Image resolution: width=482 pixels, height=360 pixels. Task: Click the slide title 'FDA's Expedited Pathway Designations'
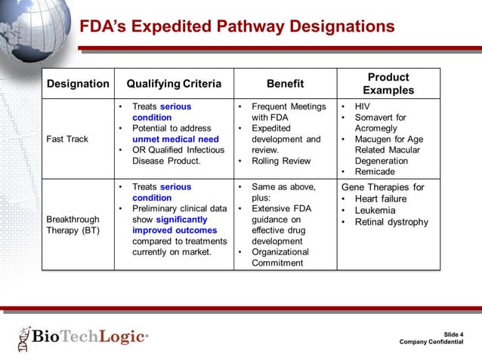pyautogui.click(x=237, y=27)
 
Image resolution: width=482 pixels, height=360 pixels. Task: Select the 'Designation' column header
pyautogui.click(x=78, y=84)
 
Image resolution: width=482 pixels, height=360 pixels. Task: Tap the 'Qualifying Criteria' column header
pyautogui.click(x=174, y=84)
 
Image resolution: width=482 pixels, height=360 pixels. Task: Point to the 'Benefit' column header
pyautogui.click(x=285, y=84)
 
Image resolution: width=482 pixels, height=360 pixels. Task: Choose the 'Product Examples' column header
pyautogui.click(x=388, y=84)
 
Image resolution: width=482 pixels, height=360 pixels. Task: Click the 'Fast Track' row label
pyautogui.click(x=67, y=139)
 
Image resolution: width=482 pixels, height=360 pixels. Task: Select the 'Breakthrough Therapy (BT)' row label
pyautogui.click(x=73, y=224)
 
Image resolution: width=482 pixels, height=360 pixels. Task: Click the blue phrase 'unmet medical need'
pyautogui.click(x=175, y=139)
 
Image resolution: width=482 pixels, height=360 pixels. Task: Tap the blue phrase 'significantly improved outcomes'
pyautogui.click(x=175, y=224)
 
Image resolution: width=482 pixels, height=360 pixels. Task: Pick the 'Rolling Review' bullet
pyautogui.click(x=282, y=161)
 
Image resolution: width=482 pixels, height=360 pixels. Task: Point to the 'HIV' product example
pyautogui.click(x=362, y=107)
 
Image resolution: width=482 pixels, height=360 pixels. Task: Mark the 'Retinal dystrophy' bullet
pyautogui.click(x=391, y=222)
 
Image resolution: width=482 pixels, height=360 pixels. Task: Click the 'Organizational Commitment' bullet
pyautogui.click(x=280, y=257)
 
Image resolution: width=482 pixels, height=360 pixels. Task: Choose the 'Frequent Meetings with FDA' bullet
pyautogui.click(x=288, y=112)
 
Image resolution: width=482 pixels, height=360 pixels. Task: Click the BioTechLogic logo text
pyautogui.click(x=88, y=337)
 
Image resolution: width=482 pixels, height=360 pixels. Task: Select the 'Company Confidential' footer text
pyautogui.click(x=431, y=342)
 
